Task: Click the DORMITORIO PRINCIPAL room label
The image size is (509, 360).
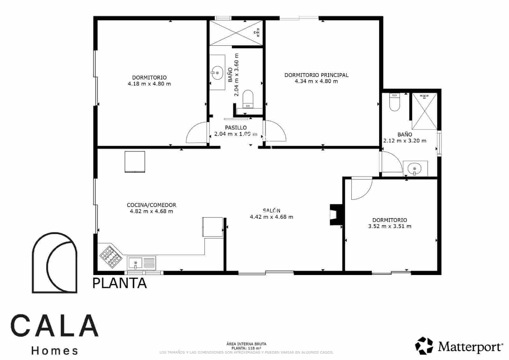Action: coord(316,75)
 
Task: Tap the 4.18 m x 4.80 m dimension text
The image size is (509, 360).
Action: coord(149,84)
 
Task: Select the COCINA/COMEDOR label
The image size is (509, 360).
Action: coord(151,205)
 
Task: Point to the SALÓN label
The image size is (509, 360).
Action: coord(272,211)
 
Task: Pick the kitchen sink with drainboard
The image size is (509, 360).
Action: coord(142,263)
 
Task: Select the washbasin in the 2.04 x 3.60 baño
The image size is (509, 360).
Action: coord(217,73)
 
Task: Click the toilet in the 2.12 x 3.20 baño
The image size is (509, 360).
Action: coord(394,102)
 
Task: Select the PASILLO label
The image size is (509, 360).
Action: coord(236,128)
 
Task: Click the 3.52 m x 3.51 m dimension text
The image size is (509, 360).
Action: coord(390,226)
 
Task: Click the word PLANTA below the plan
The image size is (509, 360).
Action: coord(120,283)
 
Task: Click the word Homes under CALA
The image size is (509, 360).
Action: coord(55,351)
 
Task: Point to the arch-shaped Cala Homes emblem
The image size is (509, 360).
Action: coord(54,262)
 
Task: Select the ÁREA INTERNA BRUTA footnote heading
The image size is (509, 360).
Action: coord(246,344)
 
